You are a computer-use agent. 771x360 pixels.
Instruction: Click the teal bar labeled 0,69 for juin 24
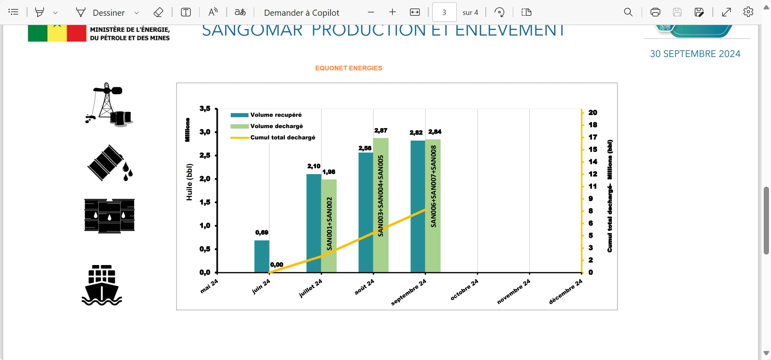click(261, 256)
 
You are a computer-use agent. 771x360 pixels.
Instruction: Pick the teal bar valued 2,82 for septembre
click(417, 206)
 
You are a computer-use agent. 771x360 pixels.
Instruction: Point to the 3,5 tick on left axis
click(205, 109)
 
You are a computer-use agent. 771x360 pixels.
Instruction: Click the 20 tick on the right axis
click(592, 113)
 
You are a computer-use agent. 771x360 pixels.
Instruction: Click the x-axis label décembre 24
click(566, 292)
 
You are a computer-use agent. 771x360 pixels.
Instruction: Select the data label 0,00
click(276, 265)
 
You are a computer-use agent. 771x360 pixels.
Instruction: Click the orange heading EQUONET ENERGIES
click(348, 68)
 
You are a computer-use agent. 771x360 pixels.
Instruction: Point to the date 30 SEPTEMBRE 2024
click(695, 54)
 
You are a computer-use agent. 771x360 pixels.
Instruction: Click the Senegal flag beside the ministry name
click(57, 34)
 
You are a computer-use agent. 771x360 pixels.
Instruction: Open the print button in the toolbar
click(655, 12)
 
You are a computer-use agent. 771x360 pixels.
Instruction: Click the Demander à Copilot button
click(301, 13)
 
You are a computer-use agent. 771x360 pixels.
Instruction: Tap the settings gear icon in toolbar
click(748, 12)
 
